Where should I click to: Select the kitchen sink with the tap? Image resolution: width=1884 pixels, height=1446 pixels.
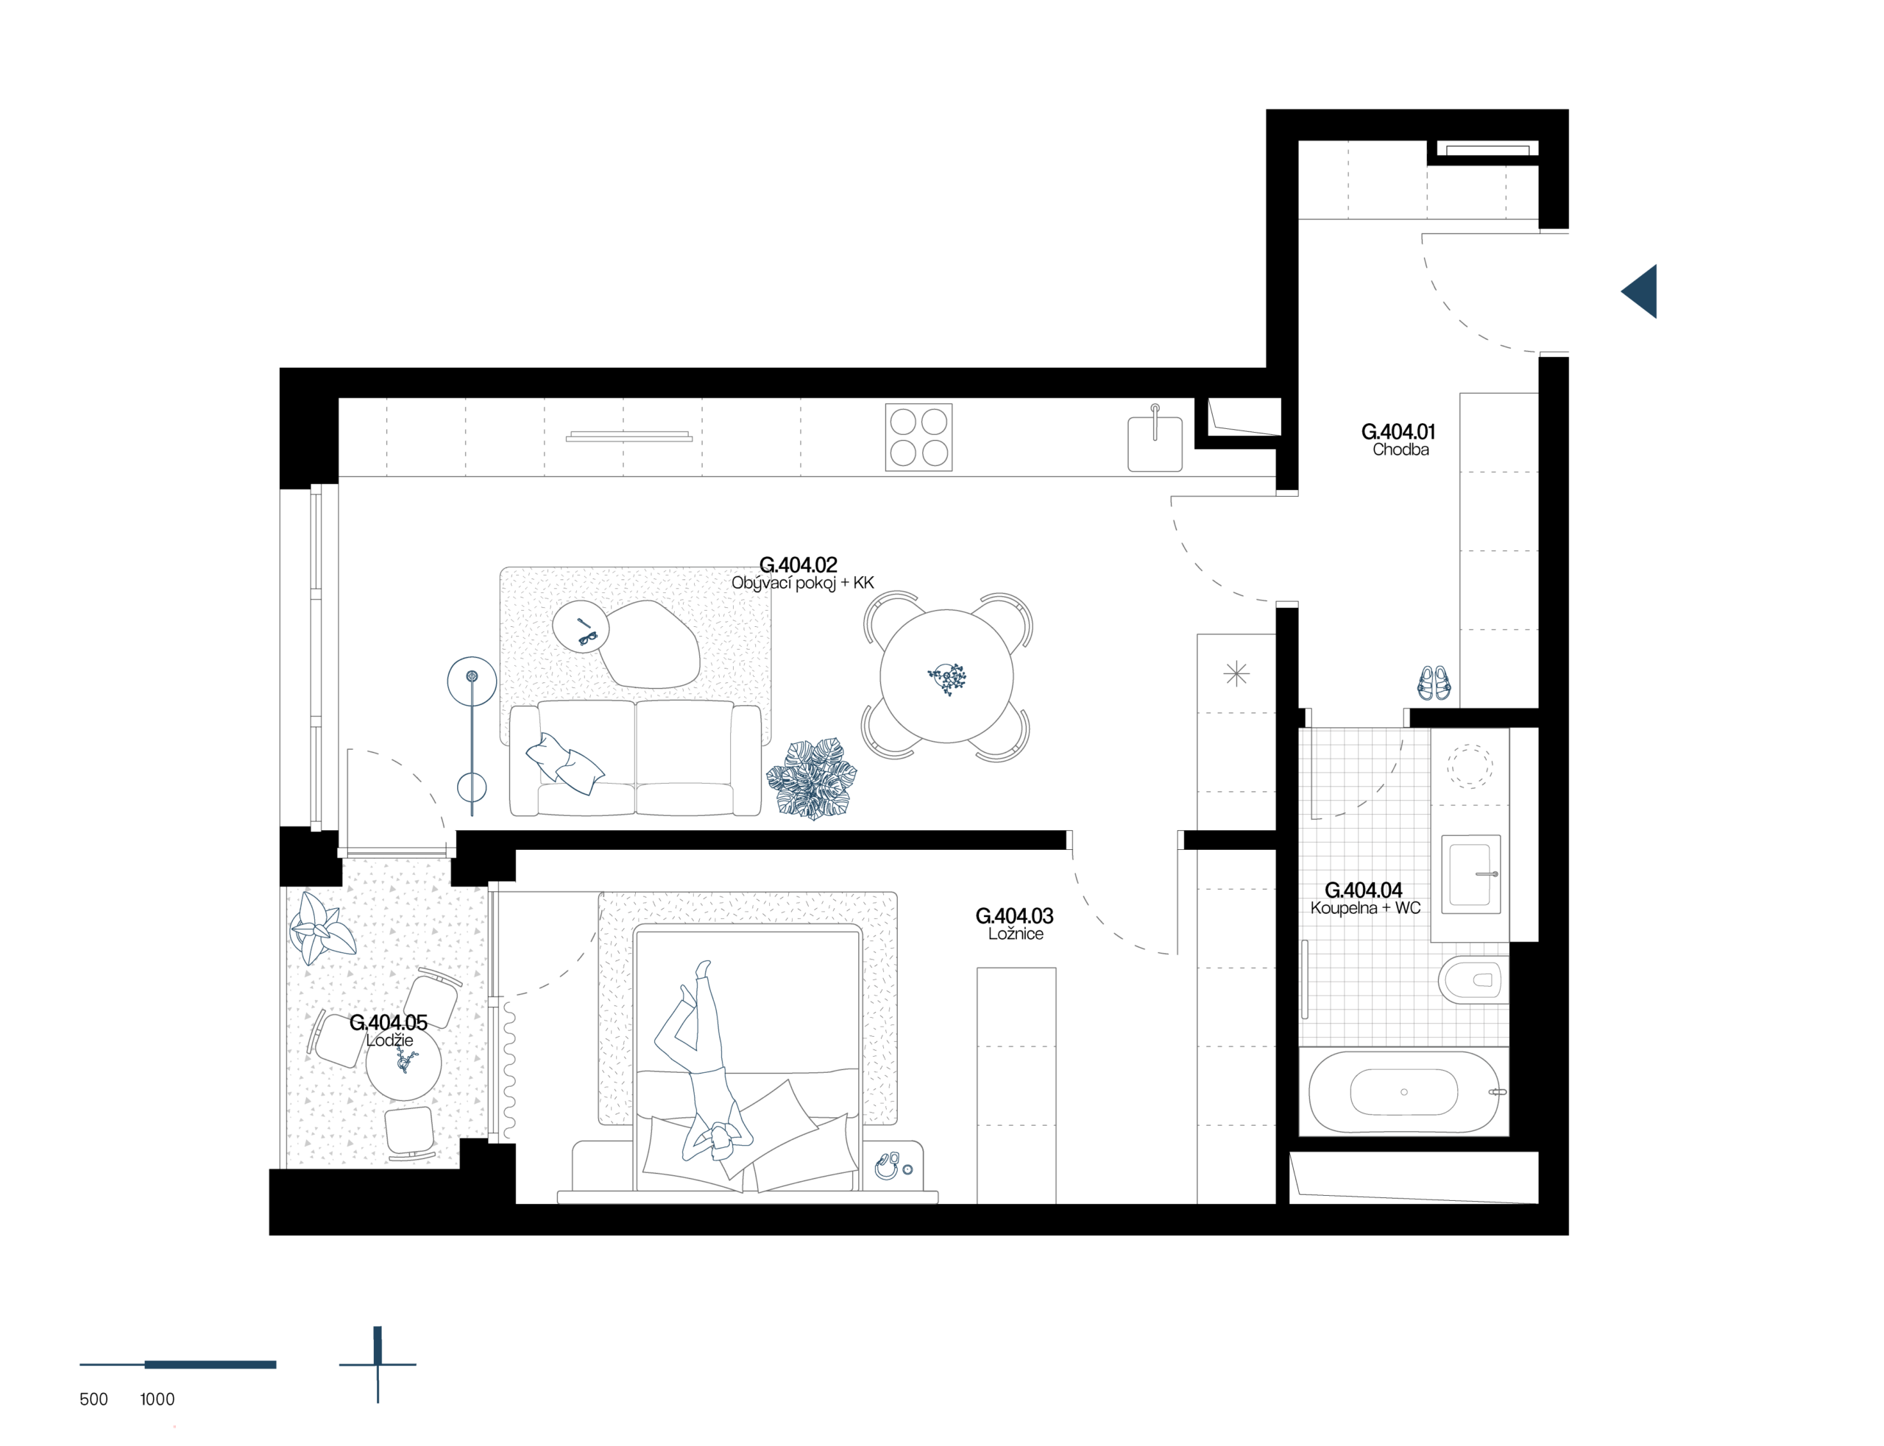pyautogui.click(x=1155, y=442)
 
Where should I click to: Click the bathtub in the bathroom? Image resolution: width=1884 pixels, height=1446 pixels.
pyautogui.click(x=1403, y=1091)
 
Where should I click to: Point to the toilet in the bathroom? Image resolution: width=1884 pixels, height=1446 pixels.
pyautogui.click(x=1473, y=979)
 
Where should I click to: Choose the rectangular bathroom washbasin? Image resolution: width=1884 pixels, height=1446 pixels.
pyautogui.click(x=1471, y=874)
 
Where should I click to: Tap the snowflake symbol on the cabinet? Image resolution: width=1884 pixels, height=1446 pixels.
pyautogui.click(x=1236, y=673)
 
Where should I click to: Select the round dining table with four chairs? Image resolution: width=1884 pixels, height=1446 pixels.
pyautogui.click(x=946, y=676)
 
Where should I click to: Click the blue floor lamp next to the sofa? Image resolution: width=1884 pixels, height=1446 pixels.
pyautogui.click(x=472, y=731)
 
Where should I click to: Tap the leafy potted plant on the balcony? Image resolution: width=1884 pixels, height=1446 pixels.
pyautogui.click(x=320, y=929)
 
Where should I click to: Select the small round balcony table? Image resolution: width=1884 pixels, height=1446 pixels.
pyautogui.click(x=403, y=1062)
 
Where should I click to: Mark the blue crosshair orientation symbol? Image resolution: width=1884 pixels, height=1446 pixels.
pyautogui.click(x=378, y=1364)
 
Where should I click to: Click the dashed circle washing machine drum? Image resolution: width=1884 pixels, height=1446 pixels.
pyautogui.click(x=1470, y=766)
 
